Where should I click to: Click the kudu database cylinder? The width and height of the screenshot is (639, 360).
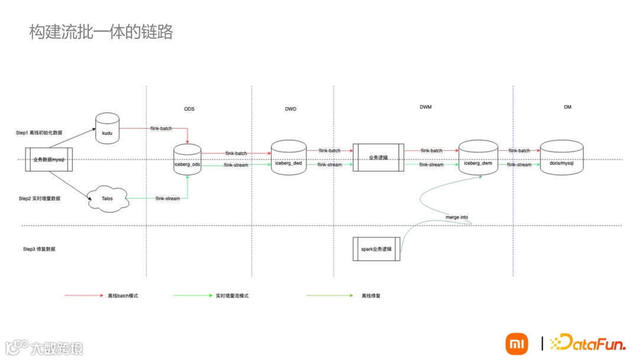108,129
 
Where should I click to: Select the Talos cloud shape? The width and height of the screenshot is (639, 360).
108,198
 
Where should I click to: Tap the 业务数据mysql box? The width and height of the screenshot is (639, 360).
49,160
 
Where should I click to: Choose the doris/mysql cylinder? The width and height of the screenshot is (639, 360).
561,158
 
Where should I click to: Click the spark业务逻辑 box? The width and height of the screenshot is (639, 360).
376,249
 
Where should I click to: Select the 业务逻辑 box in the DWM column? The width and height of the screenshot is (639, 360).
379,157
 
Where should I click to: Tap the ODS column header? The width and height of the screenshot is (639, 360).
189,109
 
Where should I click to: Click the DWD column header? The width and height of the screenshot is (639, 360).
291,109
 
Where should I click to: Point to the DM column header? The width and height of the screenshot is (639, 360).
567,107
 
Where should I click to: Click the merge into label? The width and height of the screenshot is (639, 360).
457,217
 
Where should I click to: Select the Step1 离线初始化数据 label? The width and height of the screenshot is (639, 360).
39,133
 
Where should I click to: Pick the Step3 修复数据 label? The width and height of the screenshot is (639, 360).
39,249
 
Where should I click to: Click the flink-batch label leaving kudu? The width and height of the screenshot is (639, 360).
161,128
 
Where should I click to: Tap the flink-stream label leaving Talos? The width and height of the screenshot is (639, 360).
167,198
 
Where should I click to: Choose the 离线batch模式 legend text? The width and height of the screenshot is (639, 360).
123,295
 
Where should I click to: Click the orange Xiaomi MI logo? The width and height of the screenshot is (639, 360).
517,343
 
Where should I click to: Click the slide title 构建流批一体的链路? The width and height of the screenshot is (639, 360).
101,32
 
